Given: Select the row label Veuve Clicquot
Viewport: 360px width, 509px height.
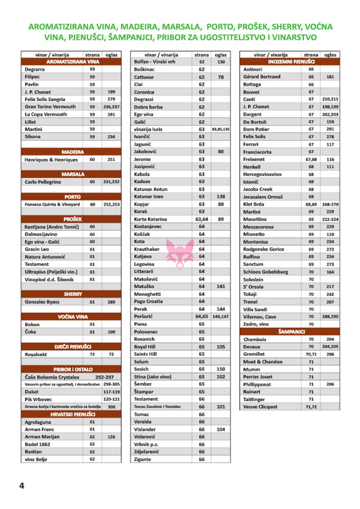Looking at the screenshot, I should point(260,407).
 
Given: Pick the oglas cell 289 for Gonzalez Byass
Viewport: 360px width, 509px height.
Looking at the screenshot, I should point(111,302).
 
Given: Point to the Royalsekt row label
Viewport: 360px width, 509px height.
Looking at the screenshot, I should point(38,353).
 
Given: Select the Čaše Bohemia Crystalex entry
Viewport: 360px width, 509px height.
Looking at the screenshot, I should point(55,377).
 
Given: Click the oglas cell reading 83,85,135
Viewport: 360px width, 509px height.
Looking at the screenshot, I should point(220,129).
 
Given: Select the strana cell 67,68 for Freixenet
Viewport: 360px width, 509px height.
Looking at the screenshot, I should point(311,159).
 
